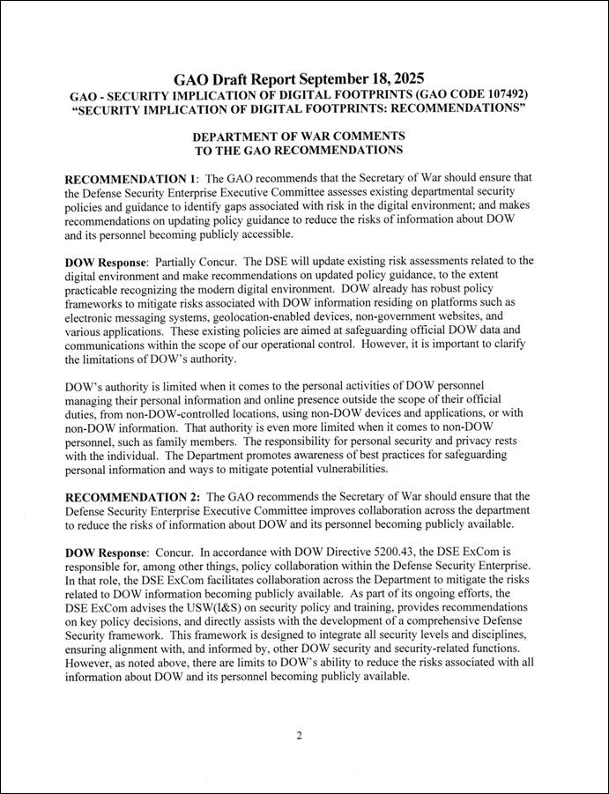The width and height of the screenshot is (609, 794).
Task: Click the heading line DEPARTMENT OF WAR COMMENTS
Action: click(x=299, y=137)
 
